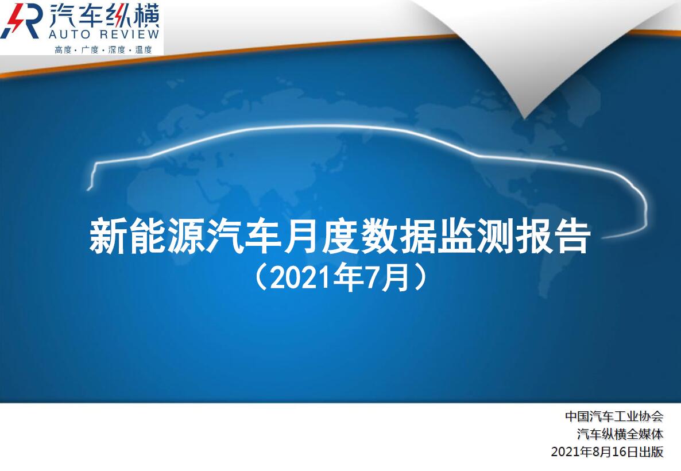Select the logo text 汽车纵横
pos(105,15)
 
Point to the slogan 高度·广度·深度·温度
pos(103,49)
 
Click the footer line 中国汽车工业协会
pos(614,416)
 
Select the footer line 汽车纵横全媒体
pos(620,434)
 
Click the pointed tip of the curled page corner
pos(524,118)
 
